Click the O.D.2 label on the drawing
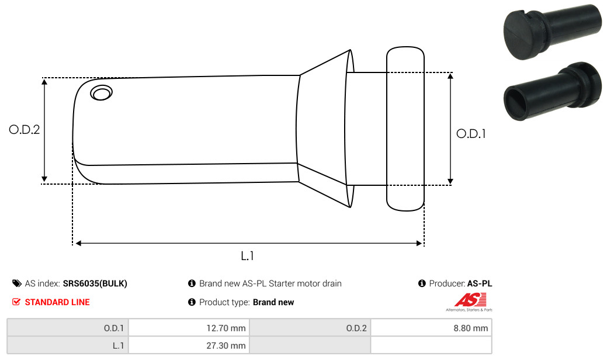[25, 129]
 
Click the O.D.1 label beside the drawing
[471, 134]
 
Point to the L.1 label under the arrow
[247, 255]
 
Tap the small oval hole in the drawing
[102, 93]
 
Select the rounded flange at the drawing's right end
[405, 129]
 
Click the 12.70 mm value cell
[189, 328]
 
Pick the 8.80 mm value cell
[431, 328]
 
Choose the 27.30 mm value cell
[189, 345]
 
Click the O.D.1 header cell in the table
[68, 328]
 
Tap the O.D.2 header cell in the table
[310, 328]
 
